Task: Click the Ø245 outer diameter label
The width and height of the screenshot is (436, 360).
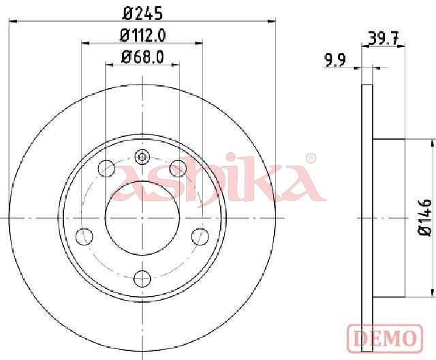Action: tap(142, 14)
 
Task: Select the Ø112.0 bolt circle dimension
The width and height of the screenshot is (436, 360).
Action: tap(143, 35)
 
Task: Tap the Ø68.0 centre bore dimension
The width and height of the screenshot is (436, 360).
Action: tap(142, 57)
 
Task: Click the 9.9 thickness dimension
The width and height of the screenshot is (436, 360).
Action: tap(335, 60)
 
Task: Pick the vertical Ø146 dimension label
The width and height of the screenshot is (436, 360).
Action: tap(425, 217)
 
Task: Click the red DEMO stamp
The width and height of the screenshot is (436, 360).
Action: tap(385, 338)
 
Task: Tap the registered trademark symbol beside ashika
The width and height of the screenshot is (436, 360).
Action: tap(311, 158)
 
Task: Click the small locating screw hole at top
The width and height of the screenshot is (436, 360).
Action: tap(142, 157)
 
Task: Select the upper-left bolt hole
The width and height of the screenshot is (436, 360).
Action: tap(107, 168)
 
